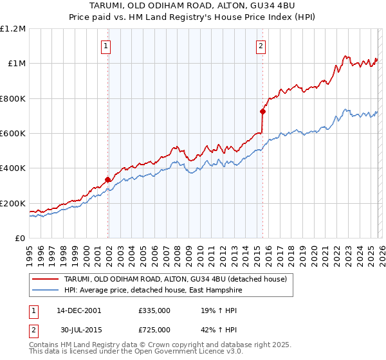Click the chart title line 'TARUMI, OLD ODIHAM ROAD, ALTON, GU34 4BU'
click(193, 6)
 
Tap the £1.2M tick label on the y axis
click(13, 29)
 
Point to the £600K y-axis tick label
click(13, 134)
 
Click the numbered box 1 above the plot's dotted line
click(106, 45)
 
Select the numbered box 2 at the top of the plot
click(261, 45)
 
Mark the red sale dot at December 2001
click(107, 180)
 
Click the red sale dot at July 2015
click(262, 111)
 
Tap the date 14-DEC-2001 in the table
click(79, 310)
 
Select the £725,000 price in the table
click(154, 329)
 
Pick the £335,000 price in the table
click(154, 310)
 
